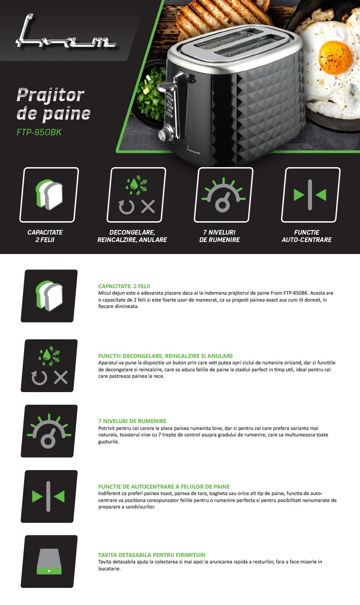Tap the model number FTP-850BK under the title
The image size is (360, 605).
point(39,132)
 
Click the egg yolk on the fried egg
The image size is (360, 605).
point(335,57)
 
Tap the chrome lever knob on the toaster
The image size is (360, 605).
point(165,87)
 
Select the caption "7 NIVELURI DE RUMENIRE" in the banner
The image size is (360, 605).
point(219,236)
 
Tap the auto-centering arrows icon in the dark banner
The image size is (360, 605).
point(310,195)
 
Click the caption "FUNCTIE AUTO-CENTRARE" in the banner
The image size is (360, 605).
point(306,236)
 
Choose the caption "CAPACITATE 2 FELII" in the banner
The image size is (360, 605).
point(45,236)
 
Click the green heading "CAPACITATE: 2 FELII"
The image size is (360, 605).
point(124,286)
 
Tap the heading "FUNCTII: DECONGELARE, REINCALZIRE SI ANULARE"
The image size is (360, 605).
point(165,356)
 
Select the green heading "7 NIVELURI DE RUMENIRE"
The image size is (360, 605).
point(132,421)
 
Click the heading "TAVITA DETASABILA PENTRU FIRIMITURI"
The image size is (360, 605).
point(152,555)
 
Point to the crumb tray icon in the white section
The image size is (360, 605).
point(49,562)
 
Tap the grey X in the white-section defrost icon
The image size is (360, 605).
point(61,377)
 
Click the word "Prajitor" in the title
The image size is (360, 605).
point(50,96)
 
